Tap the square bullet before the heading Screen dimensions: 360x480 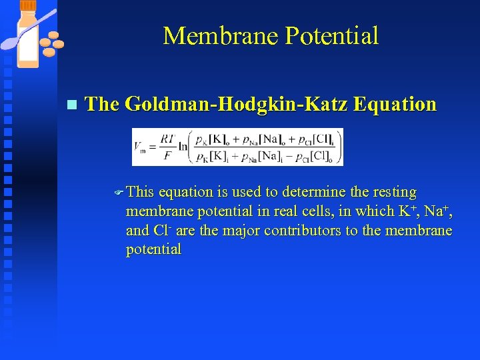coord(72,105)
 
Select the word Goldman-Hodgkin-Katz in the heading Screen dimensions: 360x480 coord(236,104)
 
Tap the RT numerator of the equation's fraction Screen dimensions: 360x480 coord(167,140)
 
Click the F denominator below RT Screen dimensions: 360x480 coord(167,157)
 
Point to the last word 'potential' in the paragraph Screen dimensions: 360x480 coord(153,249)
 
